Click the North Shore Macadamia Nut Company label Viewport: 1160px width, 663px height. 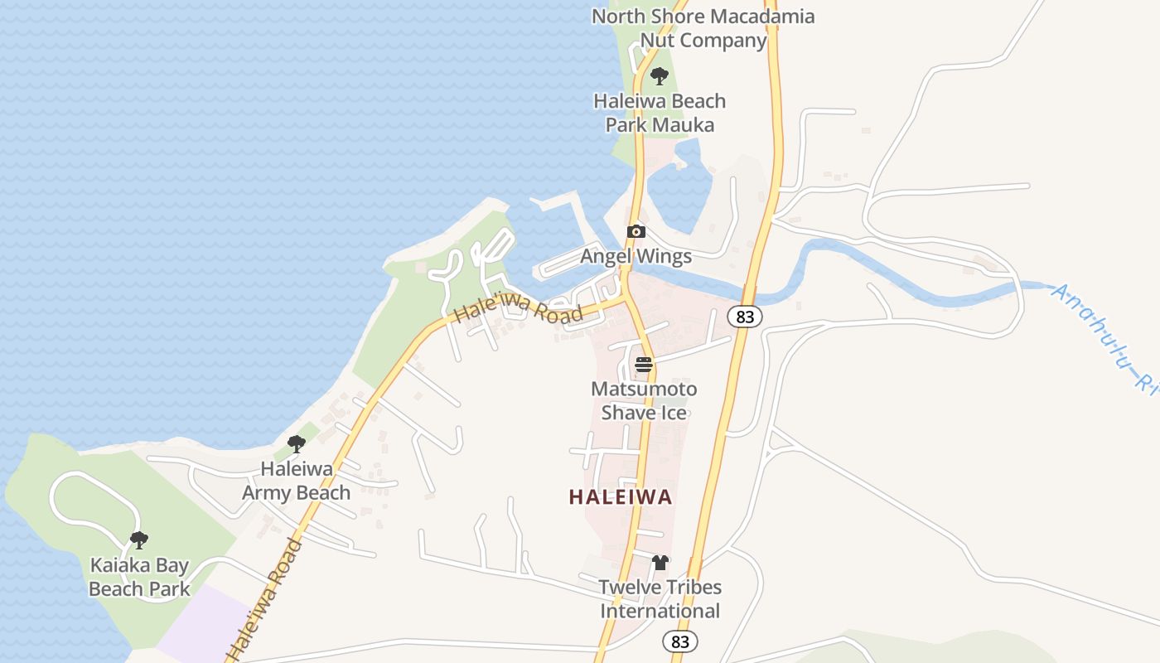[703, 28]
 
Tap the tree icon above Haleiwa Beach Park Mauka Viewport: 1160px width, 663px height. [660, 76]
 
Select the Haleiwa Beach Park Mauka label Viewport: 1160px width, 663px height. [660, 113]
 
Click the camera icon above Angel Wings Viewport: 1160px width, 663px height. [636, 231]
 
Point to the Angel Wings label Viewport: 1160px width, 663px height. [636, 256]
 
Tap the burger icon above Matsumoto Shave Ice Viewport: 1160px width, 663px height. [643, 364]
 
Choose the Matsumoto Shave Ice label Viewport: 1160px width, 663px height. [644, 400]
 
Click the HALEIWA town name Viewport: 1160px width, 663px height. [621, 497]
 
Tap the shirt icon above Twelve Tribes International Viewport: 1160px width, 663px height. [660, 563]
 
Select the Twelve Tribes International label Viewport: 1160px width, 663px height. [660, 599]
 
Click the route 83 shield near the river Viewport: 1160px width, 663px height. [746, 317]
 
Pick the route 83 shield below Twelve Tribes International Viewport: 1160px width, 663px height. [680, 641]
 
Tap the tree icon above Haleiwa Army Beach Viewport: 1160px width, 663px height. [296, 444]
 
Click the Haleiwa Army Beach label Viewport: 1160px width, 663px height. [296, 481]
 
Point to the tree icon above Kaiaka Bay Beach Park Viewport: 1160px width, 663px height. [139, 540]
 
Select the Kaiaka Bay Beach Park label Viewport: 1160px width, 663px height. [139, 578]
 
